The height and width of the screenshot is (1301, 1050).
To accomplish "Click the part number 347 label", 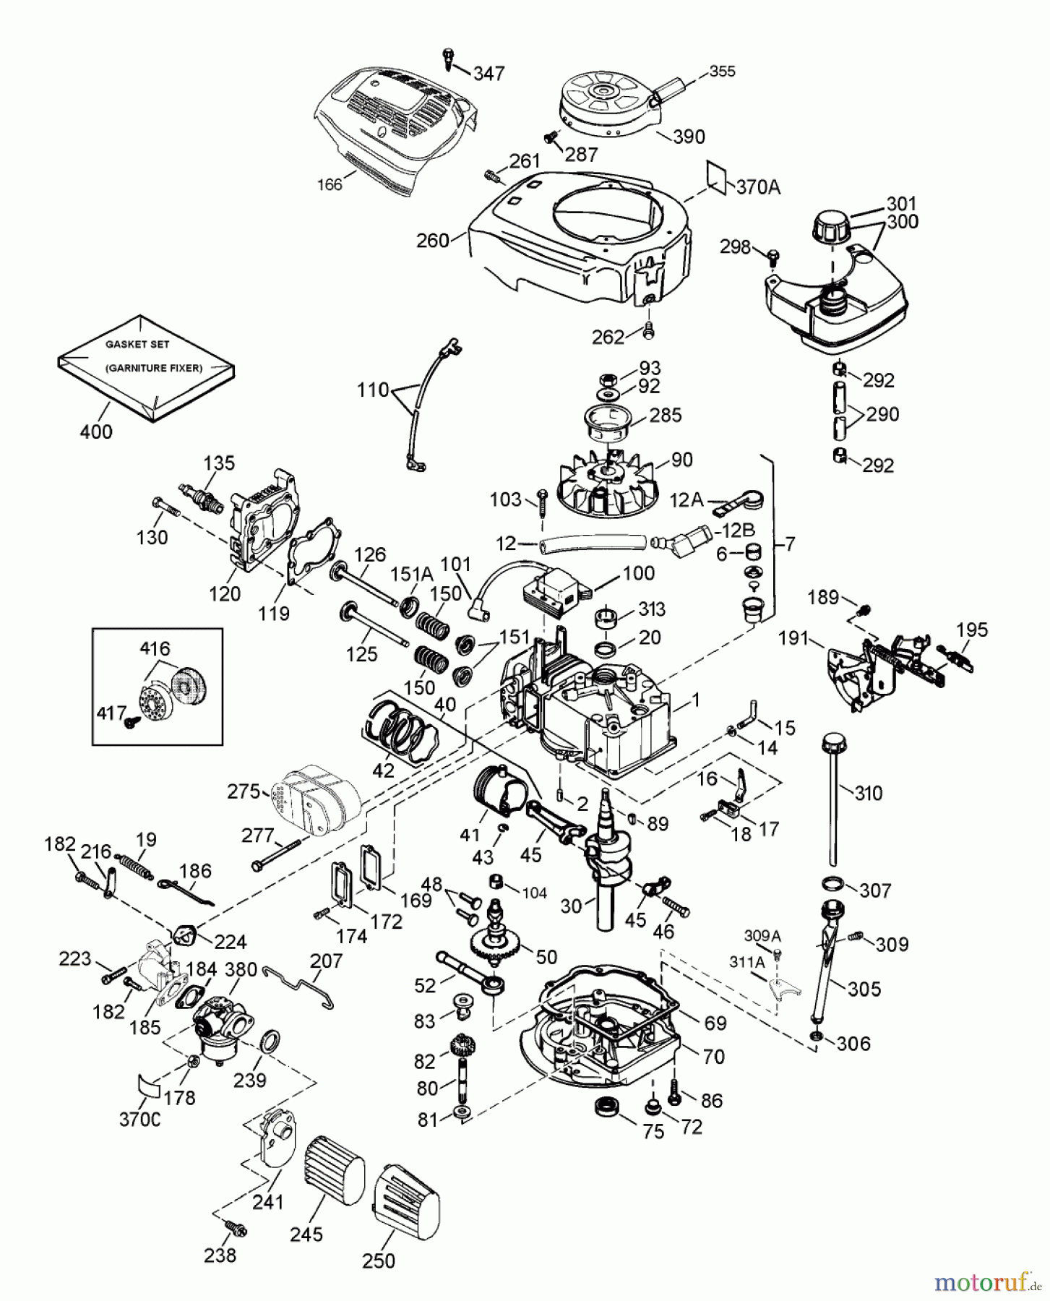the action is click(x=489, y=73).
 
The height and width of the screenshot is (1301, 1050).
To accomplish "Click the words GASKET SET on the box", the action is click(x=137, y=345).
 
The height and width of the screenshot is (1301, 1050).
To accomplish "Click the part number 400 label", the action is click(x=97, y=431).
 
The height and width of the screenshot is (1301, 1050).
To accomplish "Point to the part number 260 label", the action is click(x=433, y=240).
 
